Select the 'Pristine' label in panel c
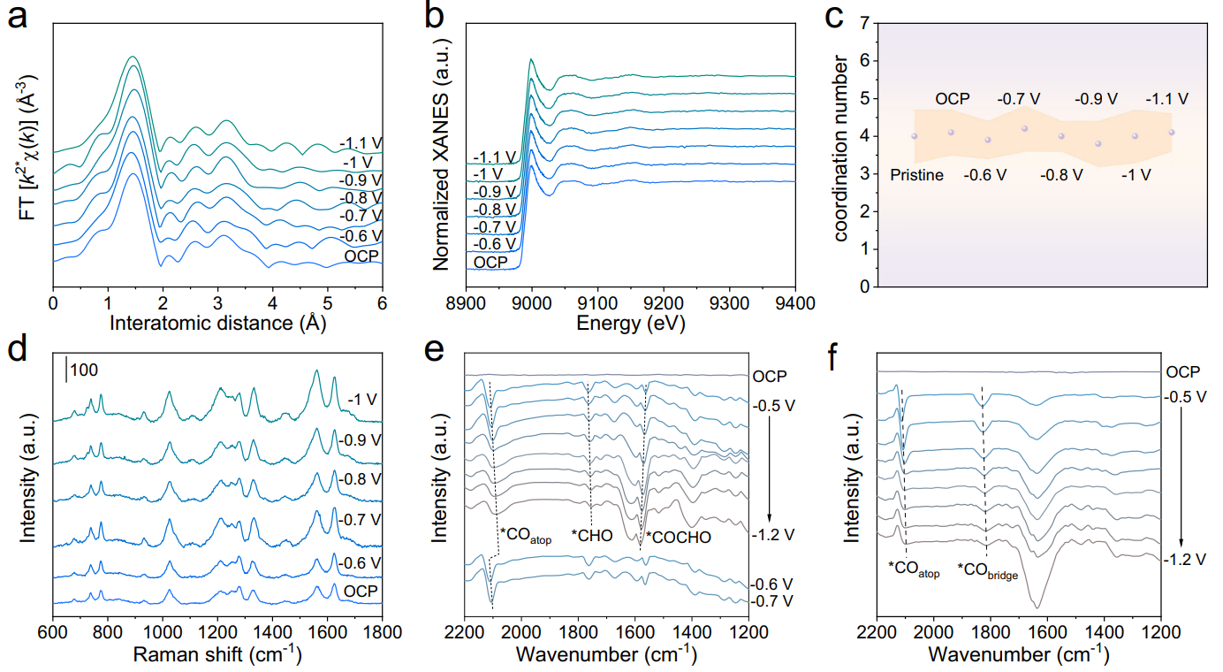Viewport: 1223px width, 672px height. (916, 175)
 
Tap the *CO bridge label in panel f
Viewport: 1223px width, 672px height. (989, 572)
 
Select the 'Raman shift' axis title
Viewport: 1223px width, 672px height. (217, 655)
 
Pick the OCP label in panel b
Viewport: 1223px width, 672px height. (491, 263)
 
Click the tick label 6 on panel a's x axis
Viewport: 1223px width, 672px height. (383, 304)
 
